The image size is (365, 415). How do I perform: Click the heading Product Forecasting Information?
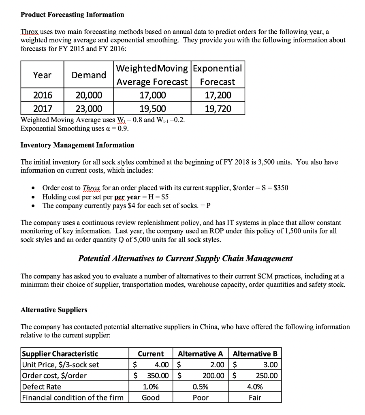point(72,15)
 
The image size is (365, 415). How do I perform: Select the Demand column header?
point(89,75)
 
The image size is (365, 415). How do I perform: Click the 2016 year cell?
point(43,95)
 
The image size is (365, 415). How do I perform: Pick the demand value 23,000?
point(89,108)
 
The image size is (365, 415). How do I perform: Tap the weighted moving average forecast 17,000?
point(152,95)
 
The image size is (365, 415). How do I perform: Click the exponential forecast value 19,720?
point(218,108)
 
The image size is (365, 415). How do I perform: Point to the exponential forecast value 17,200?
point(218,95)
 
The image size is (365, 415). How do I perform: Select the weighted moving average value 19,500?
point(152,108)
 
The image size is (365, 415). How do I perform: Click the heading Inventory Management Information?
point(77,145)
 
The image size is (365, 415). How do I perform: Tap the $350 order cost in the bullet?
point(281,188)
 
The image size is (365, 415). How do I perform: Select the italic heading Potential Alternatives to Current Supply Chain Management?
point(185,258)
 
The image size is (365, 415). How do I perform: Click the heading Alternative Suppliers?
point(54,310)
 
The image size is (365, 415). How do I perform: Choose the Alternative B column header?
point(255,354)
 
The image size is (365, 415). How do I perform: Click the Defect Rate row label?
point(41,387)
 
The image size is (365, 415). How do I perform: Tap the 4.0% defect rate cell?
point(255,387)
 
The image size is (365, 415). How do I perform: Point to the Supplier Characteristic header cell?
point(60,354)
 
